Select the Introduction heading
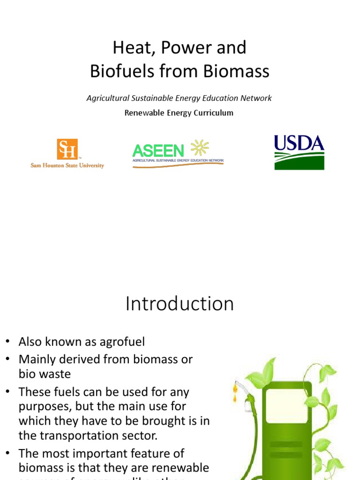point(180,304)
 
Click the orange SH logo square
point(67,149)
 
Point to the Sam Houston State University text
point(67,165)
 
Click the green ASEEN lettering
point(158,150)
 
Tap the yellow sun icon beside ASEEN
point(199,148)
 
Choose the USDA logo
point(299,152)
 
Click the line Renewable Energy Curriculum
point(179,112)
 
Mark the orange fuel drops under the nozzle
point(235,393)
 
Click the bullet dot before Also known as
point(7,342)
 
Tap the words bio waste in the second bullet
point(45,374)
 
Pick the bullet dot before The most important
point(7,454)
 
